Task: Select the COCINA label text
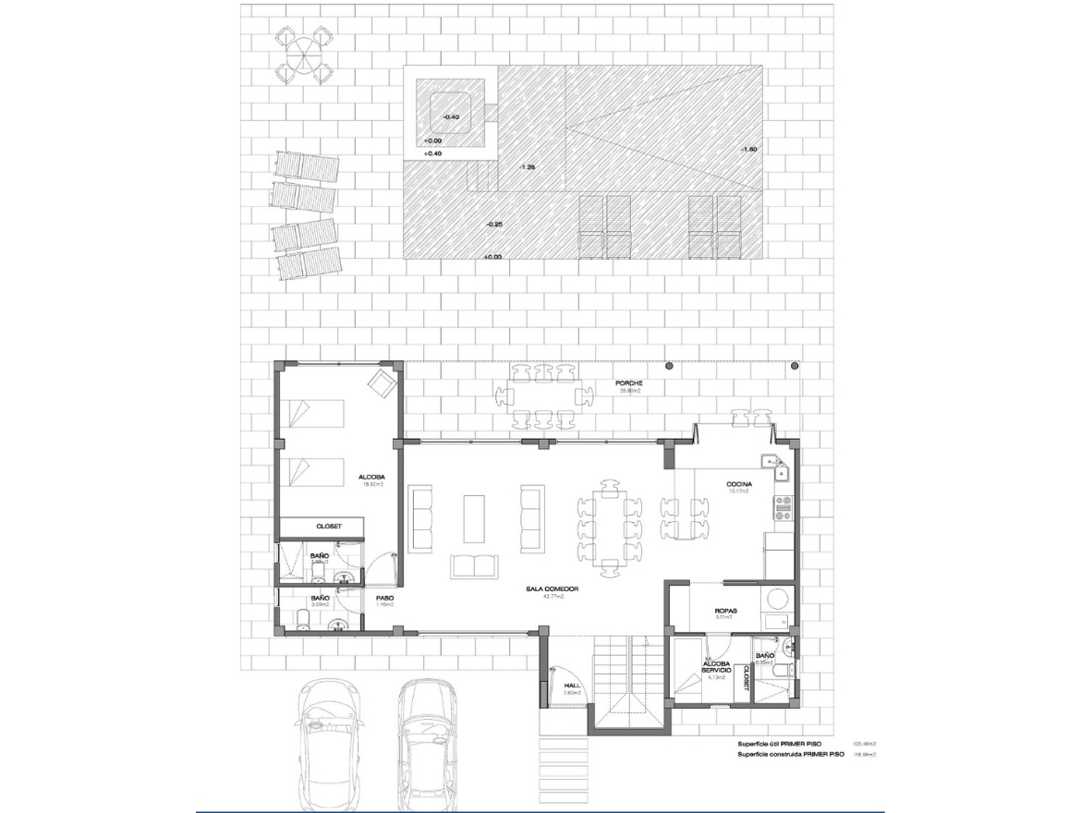(738, 483)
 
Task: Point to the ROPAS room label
(725, 611)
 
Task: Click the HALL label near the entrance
(571, 685)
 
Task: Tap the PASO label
(384, 598)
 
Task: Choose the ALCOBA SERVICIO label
(717, 666)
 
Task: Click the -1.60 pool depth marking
(748, 149)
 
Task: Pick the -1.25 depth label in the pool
(528, 166)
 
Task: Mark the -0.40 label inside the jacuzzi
(450, 117)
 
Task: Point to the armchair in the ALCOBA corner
(380, 382)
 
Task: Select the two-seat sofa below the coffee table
(474, 565)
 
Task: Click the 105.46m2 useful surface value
(863, 744)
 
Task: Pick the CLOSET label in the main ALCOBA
(329, 526)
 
